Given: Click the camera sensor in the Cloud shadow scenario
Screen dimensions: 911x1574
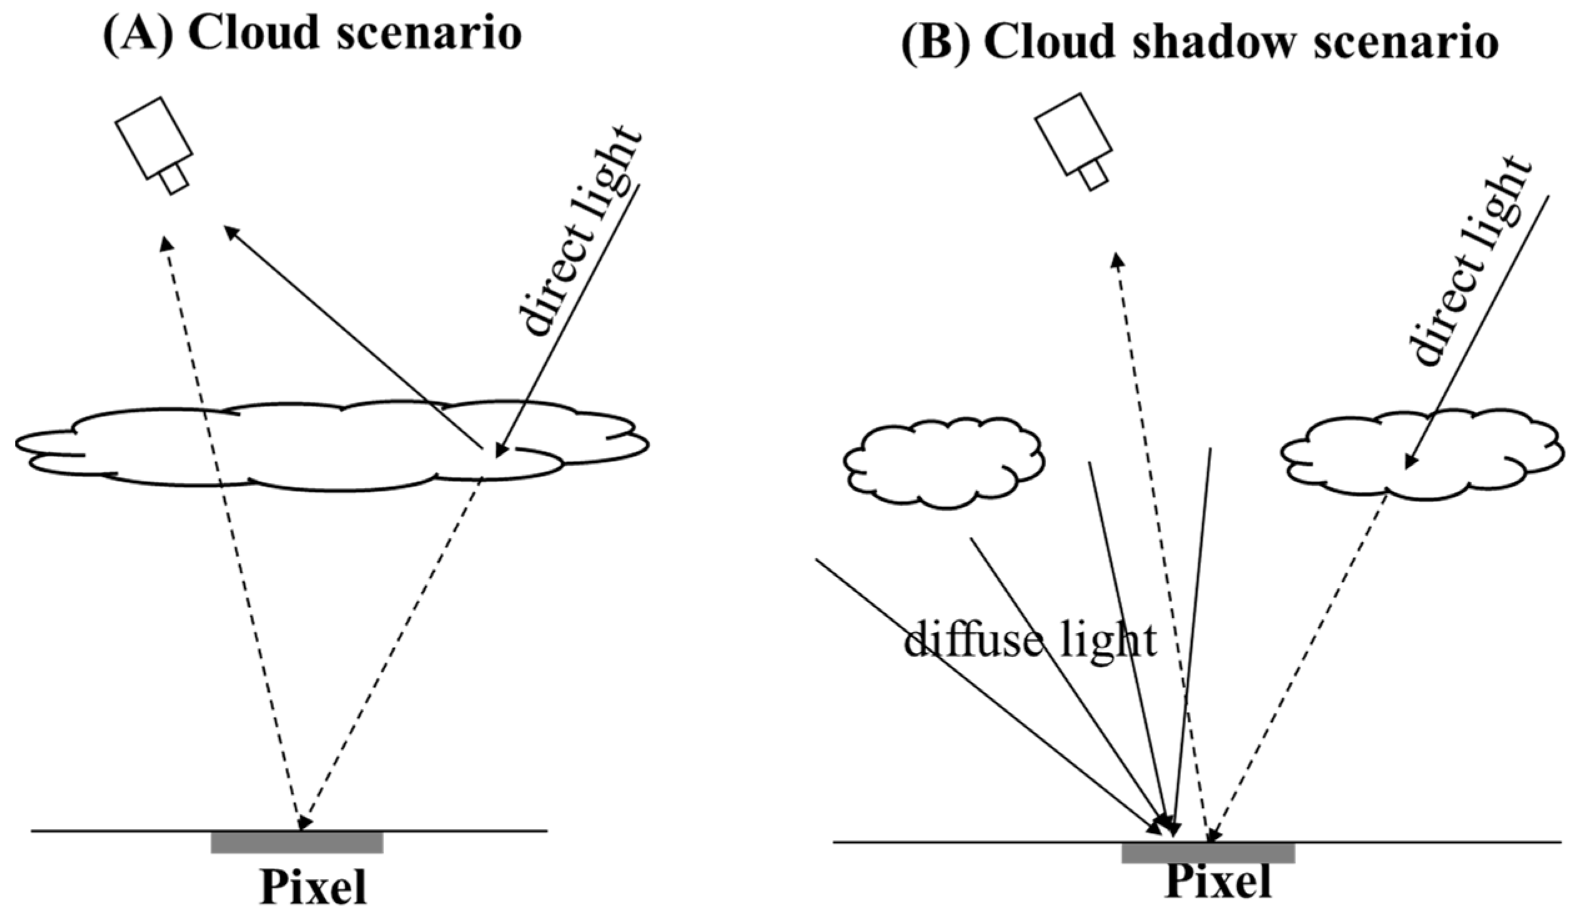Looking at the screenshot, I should tap(1073, 135).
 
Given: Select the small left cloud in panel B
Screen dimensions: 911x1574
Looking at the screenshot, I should tap(943, 465).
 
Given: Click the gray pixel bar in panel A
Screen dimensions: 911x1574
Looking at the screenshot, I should tap(297, 842).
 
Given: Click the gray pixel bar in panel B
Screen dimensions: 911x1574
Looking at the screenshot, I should tap(1208, 853).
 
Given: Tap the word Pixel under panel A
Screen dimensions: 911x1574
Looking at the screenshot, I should tap(313, 887).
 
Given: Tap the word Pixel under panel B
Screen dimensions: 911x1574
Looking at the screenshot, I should tap(1218, 882).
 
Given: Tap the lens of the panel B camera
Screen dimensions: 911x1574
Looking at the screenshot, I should tap(1094, 175).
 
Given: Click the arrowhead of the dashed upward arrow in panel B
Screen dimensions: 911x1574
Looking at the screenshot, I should tap(1116, 258).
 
